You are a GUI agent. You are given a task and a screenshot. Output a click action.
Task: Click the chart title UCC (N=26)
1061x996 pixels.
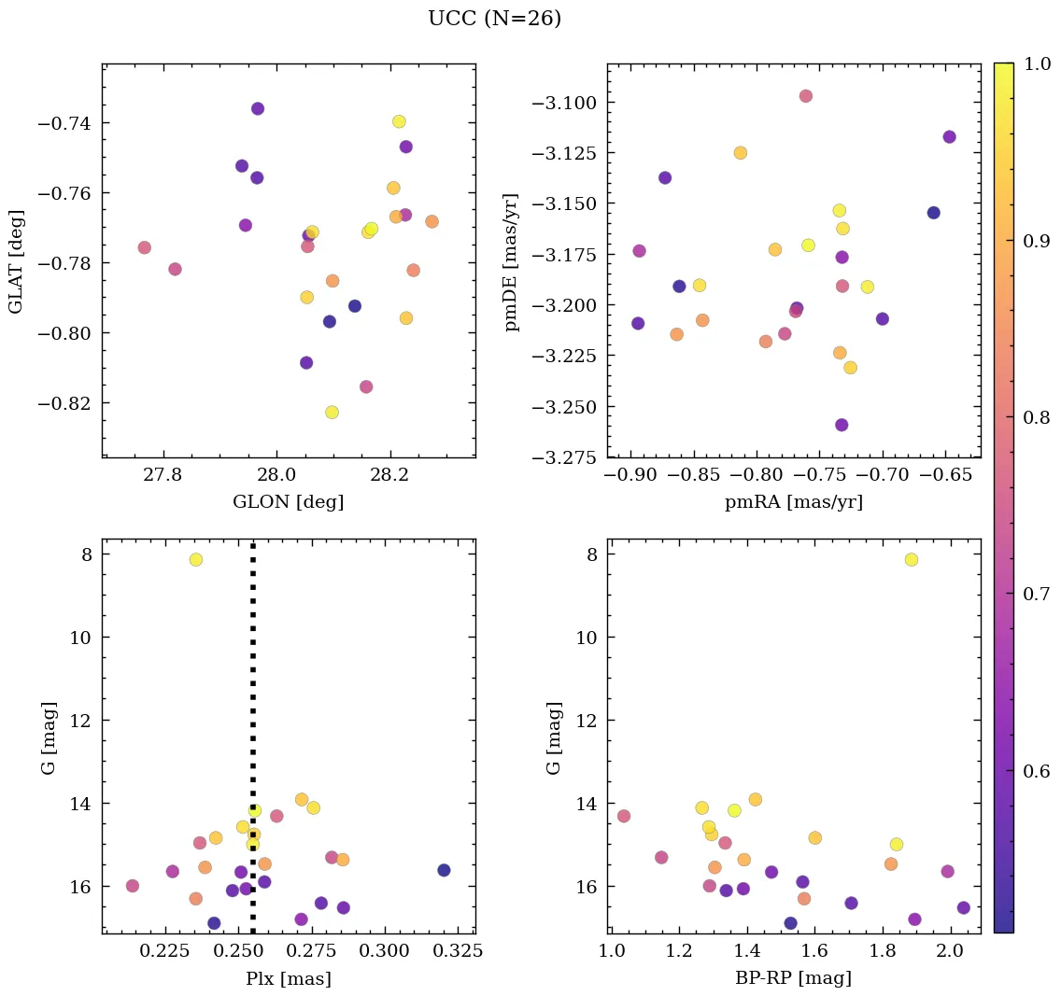pyautogui.click(x=494, y=19)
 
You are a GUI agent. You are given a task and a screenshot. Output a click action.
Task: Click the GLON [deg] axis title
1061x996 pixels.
pyautogui.click(x=288, y=502)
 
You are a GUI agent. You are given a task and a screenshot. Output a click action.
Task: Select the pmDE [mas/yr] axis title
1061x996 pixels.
pyautogui.click(x=512, y=262)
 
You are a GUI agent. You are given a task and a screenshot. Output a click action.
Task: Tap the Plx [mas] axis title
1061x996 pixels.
pyautogui.click(x=288, y=979)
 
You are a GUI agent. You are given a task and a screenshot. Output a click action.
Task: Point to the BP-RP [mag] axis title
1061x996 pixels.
pyautogui.click(x=793, y=979)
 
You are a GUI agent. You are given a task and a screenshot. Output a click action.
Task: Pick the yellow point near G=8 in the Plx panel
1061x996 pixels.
pyautogui.click(x=195, y=560)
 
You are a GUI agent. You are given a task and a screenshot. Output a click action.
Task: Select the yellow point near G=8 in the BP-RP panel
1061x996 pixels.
pyautogui.click(x=911, y=560)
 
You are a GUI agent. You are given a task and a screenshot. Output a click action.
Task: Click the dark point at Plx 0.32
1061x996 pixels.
pyautogui.click(x=444, y=870)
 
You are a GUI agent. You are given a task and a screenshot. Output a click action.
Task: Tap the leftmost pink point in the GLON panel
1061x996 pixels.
pyautogui.click(x=144, y=247)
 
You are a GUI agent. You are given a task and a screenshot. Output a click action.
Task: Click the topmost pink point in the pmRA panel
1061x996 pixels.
pyautogui.click(x=805, y=96)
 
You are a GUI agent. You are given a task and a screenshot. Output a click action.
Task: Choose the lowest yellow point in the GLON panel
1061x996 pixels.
pyautogui.click(x=332, y=413)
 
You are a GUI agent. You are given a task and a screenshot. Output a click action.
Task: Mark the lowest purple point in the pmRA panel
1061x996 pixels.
pyautogui.click(x=842, y=425)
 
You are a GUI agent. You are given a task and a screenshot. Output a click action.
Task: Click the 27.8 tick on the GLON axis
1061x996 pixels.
pyautogui.click(x=163, y=475)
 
